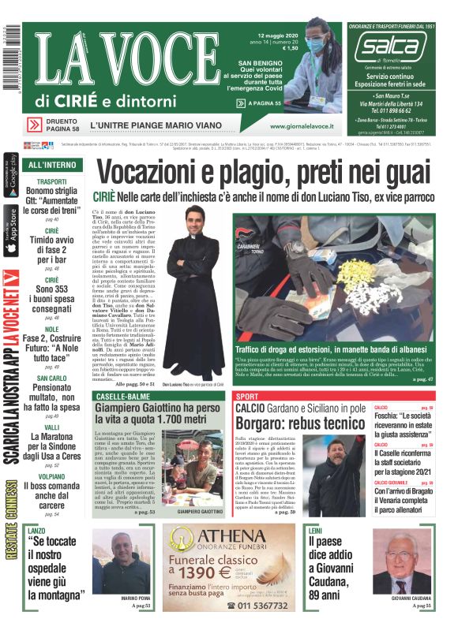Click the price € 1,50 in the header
tap(289, 48)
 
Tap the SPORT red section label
tap(247, 396)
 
